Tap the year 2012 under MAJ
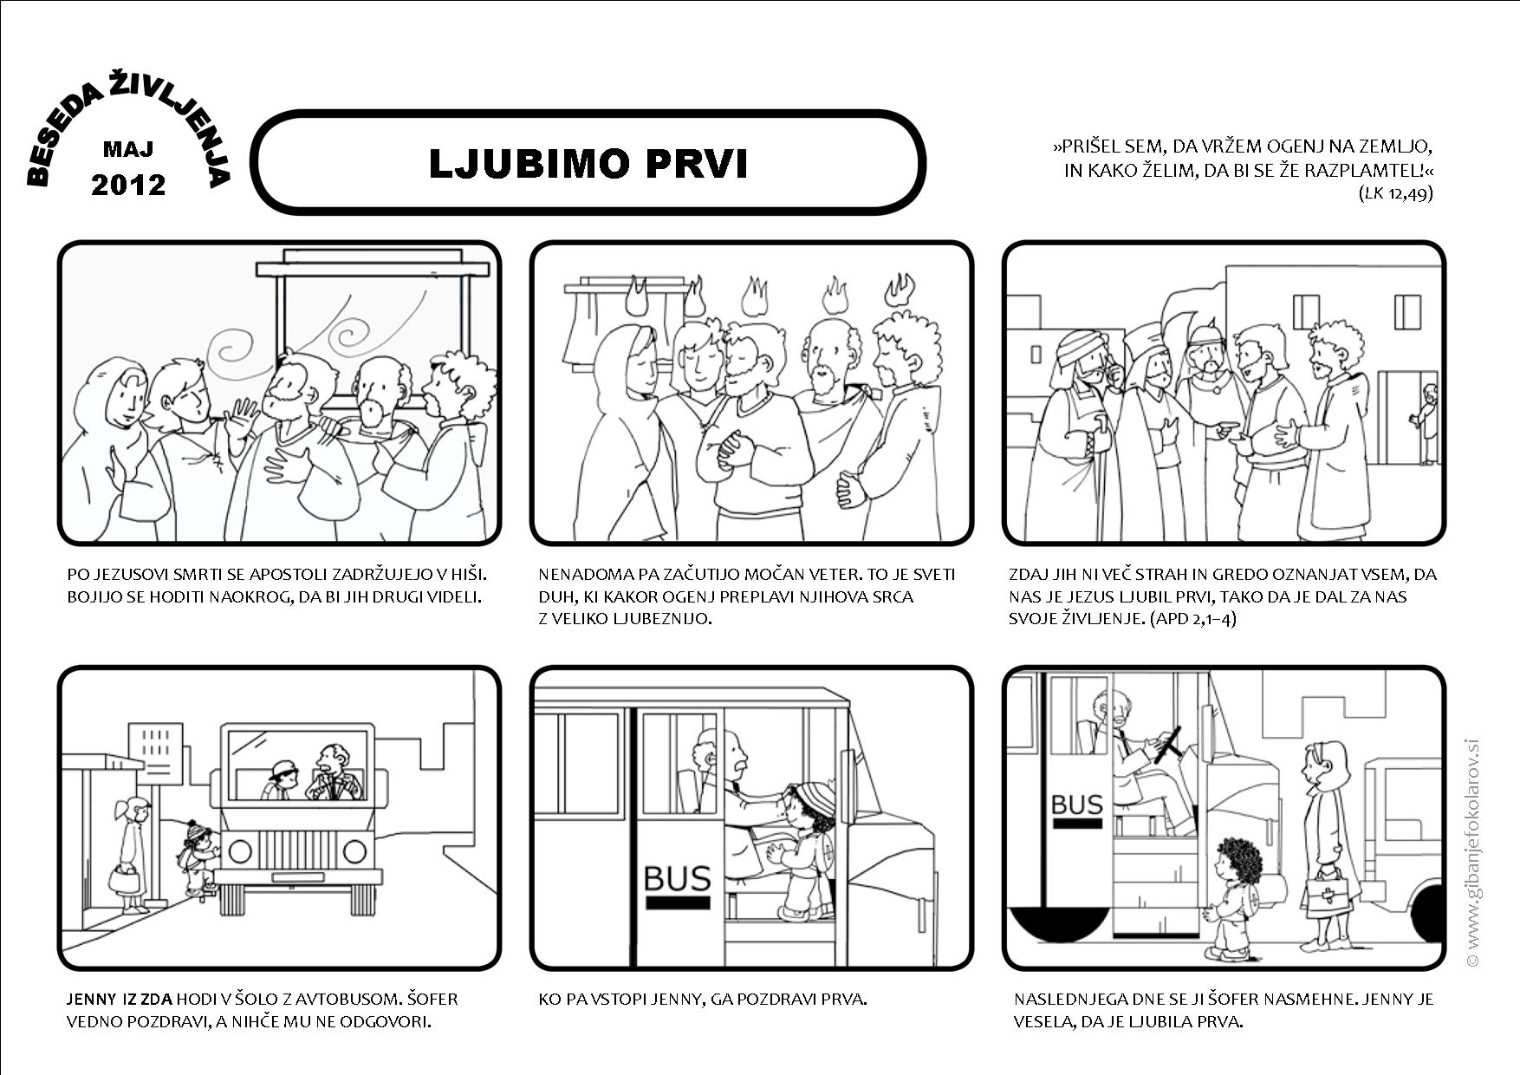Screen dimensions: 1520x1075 [128, 185]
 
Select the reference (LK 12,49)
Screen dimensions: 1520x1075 [1395, 192]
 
